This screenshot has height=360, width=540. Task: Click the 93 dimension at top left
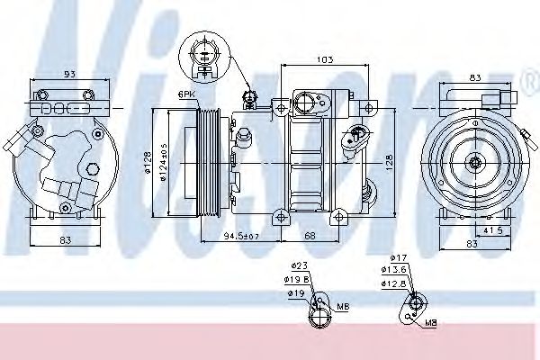pyautogui.click(x=67, y=75)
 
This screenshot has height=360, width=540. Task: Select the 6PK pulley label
pyautogui.click(x=186, y=94)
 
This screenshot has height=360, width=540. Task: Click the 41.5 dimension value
pyautogui.click(x=492, y=231)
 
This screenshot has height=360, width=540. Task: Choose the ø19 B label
pyautogui.click(x=300, y=280)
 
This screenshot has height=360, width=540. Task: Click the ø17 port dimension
pyautogui.click(x=400, y=258)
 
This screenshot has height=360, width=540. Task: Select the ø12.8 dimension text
pyautogui.click(x=395, y=284)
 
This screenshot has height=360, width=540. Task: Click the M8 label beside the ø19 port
pyautogui.click(x=343, y=307)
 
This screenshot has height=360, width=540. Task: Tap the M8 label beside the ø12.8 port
pyautogui.click(x=431, y=321)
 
